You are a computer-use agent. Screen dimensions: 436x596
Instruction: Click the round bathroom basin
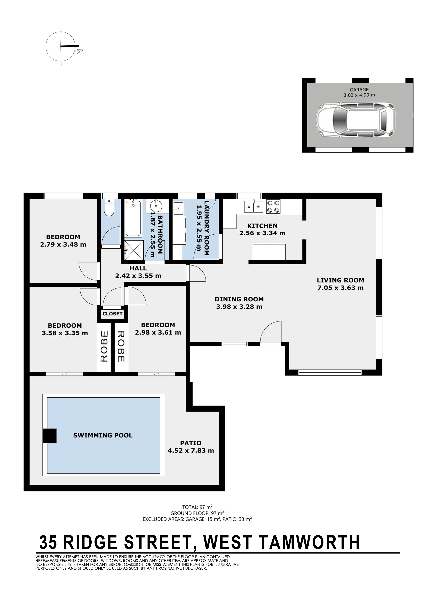pyautogui.click(x=156, y=206)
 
